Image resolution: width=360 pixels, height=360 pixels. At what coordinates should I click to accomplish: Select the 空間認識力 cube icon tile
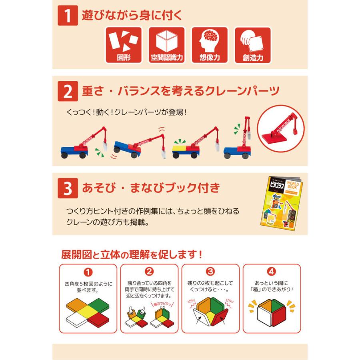pyautogui.click(x=166, y=45)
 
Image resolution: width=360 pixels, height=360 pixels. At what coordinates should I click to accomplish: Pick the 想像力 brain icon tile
pyautogui.click(x=210, y=45)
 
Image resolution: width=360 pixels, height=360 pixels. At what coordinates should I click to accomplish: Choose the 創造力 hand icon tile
pyautogui.click(x=252, y=45)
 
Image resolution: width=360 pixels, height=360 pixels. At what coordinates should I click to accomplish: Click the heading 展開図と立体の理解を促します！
pyautogui.click(x=132, y=254)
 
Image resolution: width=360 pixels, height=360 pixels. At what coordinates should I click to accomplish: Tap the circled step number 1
pyautogui.click(x=88, y=272)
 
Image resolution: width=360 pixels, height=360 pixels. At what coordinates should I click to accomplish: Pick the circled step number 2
pyautogui.click(x=149, y=272)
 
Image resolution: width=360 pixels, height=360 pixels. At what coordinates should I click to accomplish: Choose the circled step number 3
pyautogui.click(x=210, y=272)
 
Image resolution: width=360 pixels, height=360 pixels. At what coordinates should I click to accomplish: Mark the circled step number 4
pyautogui.click(x=272, y=272)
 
